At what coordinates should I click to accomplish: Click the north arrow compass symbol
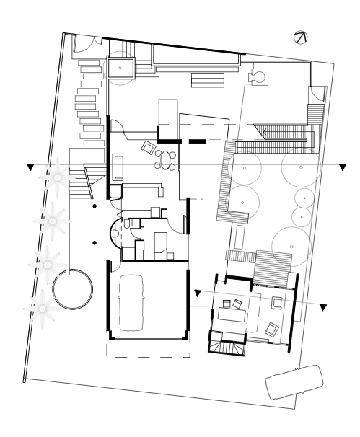coord(301,37)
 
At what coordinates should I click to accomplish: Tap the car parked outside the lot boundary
coord(294,383)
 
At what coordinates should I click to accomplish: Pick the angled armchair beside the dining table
coord(149,148)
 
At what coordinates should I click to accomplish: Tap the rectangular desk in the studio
coord(234,312)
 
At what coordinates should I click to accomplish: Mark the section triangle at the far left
coord(30,168)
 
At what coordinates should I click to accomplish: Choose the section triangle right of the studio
coord(325,309)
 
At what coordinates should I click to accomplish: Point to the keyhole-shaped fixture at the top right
coord(259,76)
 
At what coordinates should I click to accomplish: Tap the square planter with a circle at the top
coord(120,66)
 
